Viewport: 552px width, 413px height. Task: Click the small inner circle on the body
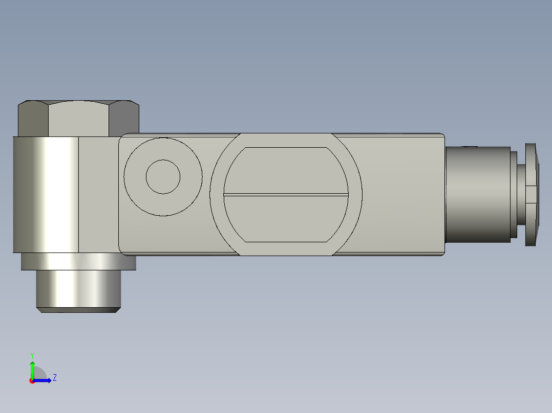point(163,177)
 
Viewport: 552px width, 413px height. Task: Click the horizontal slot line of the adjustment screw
point(286,195)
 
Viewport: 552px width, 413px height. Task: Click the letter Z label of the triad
point(54,378)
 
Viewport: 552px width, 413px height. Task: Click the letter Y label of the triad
point(32,355)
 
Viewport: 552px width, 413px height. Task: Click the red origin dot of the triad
point(32,381)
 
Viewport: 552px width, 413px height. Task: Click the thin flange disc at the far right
point(532,194)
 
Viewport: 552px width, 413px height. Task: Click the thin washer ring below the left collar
point(78,261)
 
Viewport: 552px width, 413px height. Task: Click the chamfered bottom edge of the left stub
point(78,310)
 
